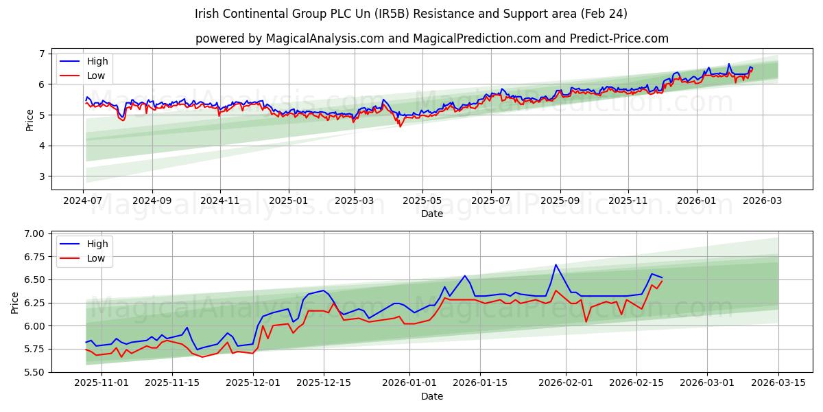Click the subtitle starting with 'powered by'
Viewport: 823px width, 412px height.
tap(431, 38)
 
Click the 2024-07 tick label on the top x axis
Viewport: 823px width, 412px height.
tap(84, 201)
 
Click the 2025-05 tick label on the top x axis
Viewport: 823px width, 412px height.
tap(422, 201)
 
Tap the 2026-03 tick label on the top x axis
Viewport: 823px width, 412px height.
tap(762, 201)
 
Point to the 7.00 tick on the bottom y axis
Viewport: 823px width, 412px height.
tap(34, 233)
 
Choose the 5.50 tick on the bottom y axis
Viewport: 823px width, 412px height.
tap(34, 372)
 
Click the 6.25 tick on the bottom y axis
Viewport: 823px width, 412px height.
tap(34, 303)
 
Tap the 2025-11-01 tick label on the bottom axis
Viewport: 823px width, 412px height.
tap(102, 383)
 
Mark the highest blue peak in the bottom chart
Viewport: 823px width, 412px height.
tap(556, 264)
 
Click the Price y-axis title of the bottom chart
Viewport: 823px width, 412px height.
tap(15, 302)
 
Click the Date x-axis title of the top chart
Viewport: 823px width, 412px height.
tap(431, 214)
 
